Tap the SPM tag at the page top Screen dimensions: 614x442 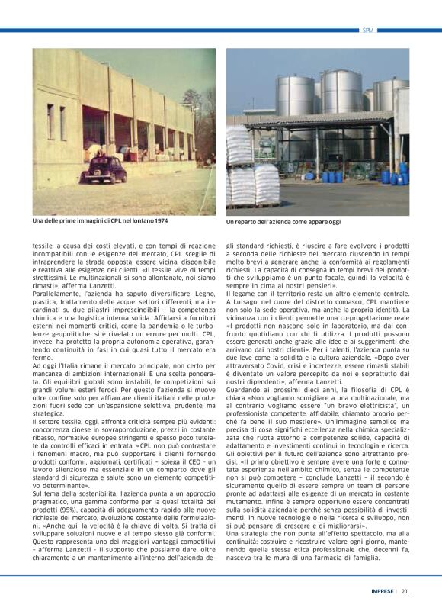(x=368, y=30)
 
